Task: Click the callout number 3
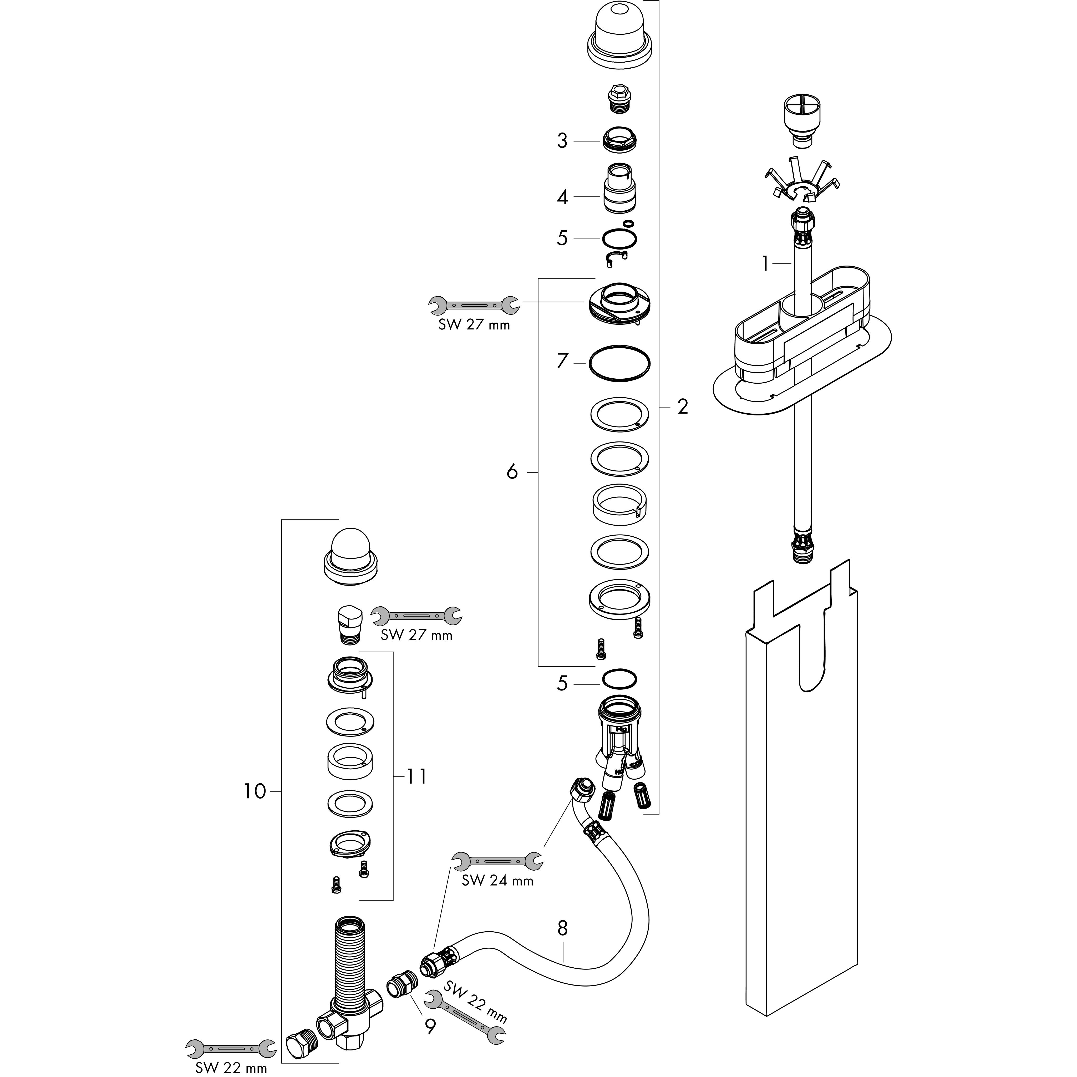(x=562, y=141)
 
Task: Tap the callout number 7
(x=562, y=361)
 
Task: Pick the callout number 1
(x=766, y=263)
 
